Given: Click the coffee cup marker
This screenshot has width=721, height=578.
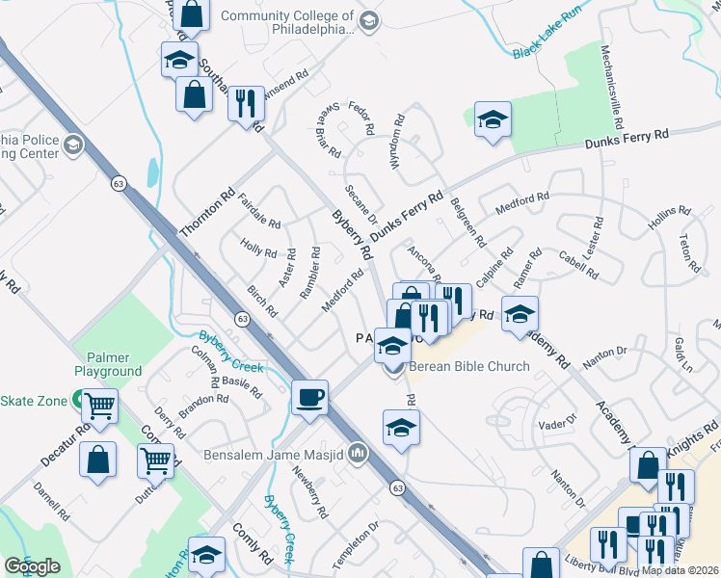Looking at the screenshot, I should click(309, 397).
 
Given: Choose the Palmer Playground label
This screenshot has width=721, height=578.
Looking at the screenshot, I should click(109, 364).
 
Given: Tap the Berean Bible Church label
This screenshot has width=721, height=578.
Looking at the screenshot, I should click(469, 366).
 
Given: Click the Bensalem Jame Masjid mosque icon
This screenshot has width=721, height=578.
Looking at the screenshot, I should click(358, 452).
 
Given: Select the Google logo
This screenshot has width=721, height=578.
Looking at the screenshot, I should click(32, 566).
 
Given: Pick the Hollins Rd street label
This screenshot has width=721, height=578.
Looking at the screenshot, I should click(670, 223).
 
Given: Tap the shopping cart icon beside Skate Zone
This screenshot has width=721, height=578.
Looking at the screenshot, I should click(99, 407).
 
